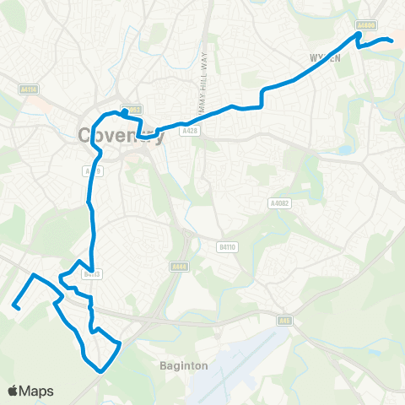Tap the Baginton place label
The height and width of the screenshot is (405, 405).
178,366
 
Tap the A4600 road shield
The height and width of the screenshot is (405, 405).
365,25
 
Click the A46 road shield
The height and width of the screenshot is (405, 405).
284,320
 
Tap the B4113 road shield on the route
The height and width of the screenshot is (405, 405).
92,273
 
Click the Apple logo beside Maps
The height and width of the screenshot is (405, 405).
14,391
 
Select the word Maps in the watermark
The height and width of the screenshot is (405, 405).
37,391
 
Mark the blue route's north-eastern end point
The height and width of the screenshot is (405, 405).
392,40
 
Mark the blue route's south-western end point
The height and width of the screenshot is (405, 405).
14,308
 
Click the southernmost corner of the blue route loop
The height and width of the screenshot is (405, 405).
102,370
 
